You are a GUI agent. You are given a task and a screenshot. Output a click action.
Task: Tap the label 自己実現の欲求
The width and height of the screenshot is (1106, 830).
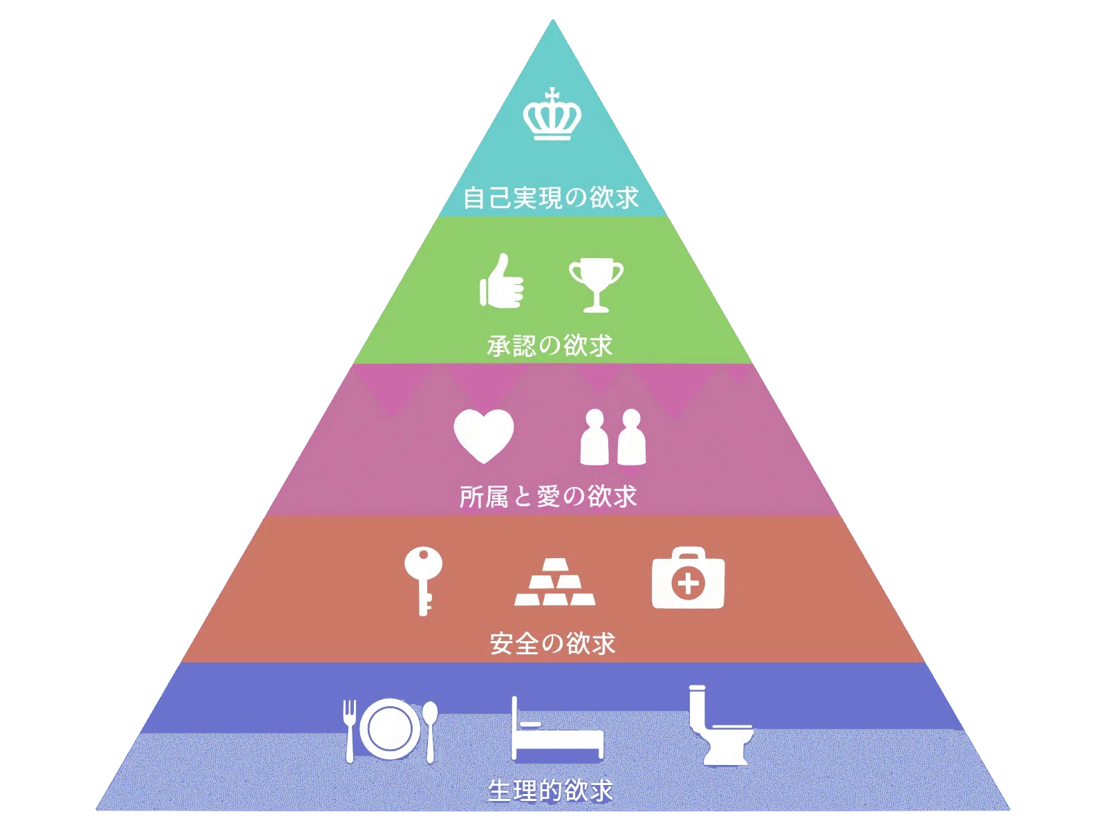pos(551,197)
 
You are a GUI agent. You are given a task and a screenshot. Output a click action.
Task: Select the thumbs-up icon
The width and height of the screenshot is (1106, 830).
pos(501,281)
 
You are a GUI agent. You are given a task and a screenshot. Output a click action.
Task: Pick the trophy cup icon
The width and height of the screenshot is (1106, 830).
pos(596,285)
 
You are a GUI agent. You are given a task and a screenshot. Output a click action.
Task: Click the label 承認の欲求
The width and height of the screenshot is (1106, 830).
pos(550,346)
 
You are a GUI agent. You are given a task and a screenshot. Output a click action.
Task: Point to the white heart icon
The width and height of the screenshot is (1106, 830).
pos(483,436)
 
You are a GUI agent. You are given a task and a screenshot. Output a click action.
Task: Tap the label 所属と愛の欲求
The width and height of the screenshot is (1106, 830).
pos(548,497)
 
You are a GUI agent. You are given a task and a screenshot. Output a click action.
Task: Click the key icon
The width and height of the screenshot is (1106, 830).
pos(423,581)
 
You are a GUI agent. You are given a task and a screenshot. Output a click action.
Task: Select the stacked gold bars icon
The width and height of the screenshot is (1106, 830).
pos(555,582)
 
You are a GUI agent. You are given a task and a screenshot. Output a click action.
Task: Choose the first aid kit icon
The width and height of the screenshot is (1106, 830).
pos(688,578)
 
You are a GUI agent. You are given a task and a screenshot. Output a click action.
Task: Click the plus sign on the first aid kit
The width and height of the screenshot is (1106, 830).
pos(688,585)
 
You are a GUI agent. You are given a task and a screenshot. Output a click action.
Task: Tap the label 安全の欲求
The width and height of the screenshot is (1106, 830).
pos(552,643)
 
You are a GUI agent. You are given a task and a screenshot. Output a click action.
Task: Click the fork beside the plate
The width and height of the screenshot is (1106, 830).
pos(349,730)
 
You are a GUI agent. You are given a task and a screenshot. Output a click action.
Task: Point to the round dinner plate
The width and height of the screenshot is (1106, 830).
pos(390,729)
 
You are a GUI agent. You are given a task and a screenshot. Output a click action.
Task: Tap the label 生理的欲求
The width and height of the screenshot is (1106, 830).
pos(550,791)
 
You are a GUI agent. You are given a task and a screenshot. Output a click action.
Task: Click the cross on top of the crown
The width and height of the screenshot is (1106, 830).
pos(553,94)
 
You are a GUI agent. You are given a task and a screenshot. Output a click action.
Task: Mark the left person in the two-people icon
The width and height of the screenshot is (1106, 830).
pos(594,436)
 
